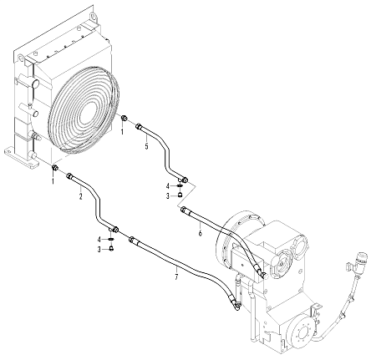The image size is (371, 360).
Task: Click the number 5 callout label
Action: (x=146, y=145)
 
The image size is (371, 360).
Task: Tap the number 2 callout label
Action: (x=80, y=196)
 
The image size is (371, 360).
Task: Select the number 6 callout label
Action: (x=200, y=232)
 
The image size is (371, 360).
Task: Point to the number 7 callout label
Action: (x=176, y=277)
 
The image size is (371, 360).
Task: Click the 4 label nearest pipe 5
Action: (x=168, y=185)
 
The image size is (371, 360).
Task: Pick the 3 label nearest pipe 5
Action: (x=168, y=196)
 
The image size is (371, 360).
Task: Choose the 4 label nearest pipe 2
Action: (x=99, y=240)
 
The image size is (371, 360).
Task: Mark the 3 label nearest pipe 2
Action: (x=99, y=250)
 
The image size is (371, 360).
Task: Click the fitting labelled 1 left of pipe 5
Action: (x=125, y=119)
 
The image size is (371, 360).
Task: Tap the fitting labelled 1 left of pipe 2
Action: (x=55, y=168)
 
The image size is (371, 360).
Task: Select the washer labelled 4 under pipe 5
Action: (x=180, y=186)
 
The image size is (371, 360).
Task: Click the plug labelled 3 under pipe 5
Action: (x=180, y=194)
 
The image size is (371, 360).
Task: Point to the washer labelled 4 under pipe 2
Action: (x=111, y=239)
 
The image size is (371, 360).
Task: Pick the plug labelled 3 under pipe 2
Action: (x=111, y=248)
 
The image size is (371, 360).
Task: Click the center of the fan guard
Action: (x=89, y=110)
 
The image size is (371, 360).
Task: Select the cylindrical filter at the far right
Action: (x=361, y=261)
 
